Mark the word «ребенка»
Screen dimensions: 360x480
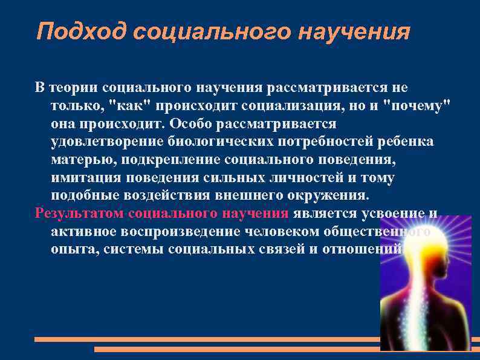click(x=406, y=142)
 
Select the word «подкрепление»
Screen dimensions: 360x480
click(x=172, y=160)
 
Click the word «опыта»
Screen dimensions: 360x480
click(x=72, y=249)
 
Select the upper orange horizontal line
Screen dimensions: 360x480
click(x=206, y=339)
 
